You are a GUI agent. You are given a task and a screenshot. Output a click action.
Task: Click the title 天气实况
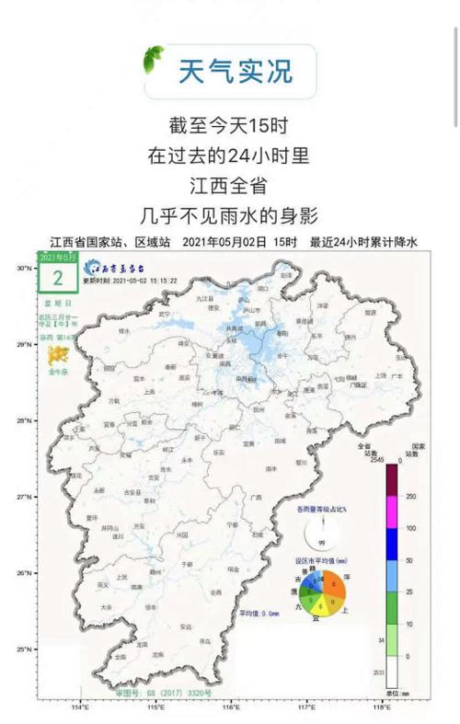234,71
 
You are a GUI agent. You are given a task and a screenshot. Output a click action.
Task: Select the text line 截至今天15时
229,124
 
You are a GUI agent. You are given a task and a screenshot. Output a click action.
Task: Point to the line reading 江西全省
229,185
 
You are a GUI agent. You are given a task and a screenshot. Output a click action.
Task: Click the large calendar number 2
58,278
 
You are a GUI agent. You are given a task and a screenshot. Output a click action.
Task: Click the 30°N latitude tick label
22,268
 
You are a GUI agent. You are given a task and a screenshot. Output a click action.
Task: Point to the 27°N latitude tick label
22,497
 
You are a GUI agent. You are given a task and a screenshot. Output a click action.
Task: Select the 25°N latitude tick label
22,649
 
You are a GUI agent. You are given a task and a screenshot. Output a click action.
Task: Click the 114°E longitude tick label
80,707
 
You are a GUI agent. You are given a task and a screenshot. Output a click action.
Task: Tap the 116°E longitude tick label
231,707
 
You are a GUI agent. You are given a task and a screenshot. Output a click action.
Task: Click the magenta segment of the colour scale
391,511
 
